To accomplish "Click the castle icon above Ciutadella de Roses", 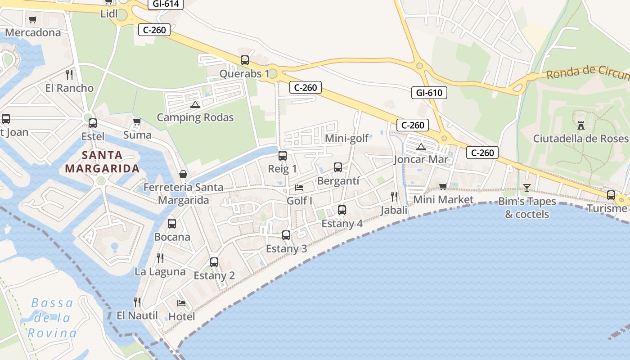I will [580, 125].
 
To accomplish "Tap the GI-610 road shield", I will [429, 93].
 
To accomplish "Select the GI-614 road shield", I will [166, 4].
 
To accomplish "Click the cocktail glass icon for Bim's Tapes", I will [527, 188].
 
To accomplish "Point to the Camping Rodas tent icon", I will [195, 104].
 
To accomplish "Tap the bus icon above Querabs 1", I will [245, 60].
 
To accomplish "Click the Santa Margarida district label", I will [102, 162].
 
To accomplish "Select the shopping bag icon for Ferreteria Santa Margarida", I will [183, 174].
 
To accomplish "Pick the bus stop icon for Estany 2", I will [214, 262].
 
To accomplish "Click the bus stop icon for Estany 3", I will [286, 235].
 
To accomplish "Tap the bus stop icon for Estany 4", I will [342, 210].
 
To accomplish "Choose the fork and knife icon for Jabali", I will [394, 196].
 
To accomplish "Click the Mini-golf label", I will [347, 138].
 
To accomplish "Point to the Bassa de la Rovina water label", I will [52, 318].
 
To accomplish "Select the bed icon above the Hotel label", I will [181, 303].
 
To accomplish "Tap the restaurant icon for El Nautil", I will [137, 302].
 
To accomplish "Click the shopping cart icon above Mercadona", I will [32, 19].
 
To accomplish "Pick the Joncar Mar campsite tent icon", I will [421, 146].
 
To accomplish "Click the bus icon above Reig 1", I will [283, 156].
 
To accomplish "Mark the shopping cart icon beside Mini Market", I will [443, 186].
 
